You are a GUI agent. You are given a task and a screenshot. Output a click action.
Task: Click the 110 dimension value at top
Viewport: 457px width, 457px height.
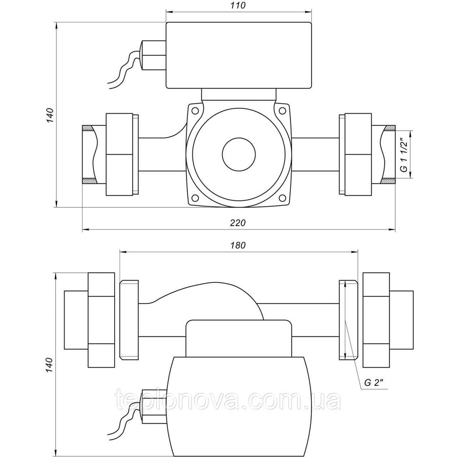pos(239,6)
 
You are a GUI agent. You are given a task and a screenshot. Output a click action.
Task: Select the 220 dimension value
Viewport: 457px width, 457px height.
pos(238,223)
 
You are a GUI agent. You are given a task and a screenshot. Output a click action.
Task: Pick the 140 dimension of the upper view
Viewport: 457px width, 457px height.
pos(50,115)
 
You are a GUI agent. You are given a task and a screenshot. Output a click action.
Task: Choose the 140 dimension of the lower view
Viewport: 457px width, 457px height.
pos(50,366)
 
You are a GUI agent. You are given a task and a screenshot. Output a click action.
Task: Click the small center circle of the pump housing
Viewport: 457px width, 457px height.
pos(238,154)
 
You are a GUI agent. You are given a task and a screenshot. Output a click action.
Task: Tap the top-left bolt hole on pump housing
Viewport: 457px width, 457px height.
pos(195,111)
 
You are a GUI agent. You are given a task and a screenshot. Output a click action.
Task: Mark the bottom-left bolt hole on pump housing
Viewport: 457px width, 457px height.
pos(195,198)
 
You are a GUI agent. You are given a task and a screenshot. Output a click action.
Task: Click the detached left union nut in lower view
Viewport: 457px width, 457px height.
pos(101,320)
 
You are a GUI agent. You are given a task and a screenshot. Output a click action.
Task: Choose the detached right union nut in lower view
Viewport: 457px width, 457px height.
pos(376,320)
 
